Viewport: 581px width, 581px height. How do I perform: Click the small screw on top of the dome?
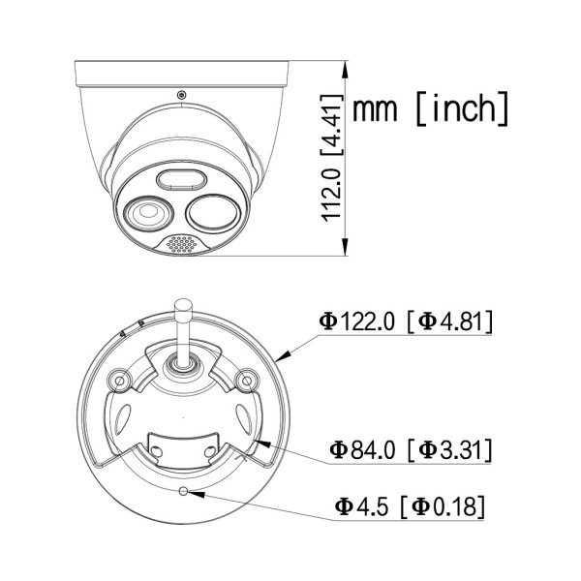181,95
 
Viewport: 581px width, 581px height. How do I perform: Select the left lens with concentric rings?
148,213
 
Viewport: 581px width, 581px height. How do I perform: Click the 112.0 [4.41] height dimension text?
331,164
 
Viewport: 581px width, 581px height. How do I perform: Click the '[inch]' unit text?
461,108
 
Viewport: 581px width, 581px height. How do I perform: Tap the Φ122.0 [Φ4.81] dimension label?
406,321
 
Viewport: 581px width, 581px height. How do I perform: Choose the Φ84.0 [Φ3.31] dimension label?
411,449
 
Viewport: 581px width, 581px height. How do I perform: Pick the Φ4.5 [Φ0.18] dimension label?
410,505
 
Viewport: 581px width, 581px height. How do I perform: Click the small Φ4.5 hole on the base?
181,491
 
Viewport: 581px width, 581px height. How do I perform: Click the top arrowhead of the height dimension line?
346,70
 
